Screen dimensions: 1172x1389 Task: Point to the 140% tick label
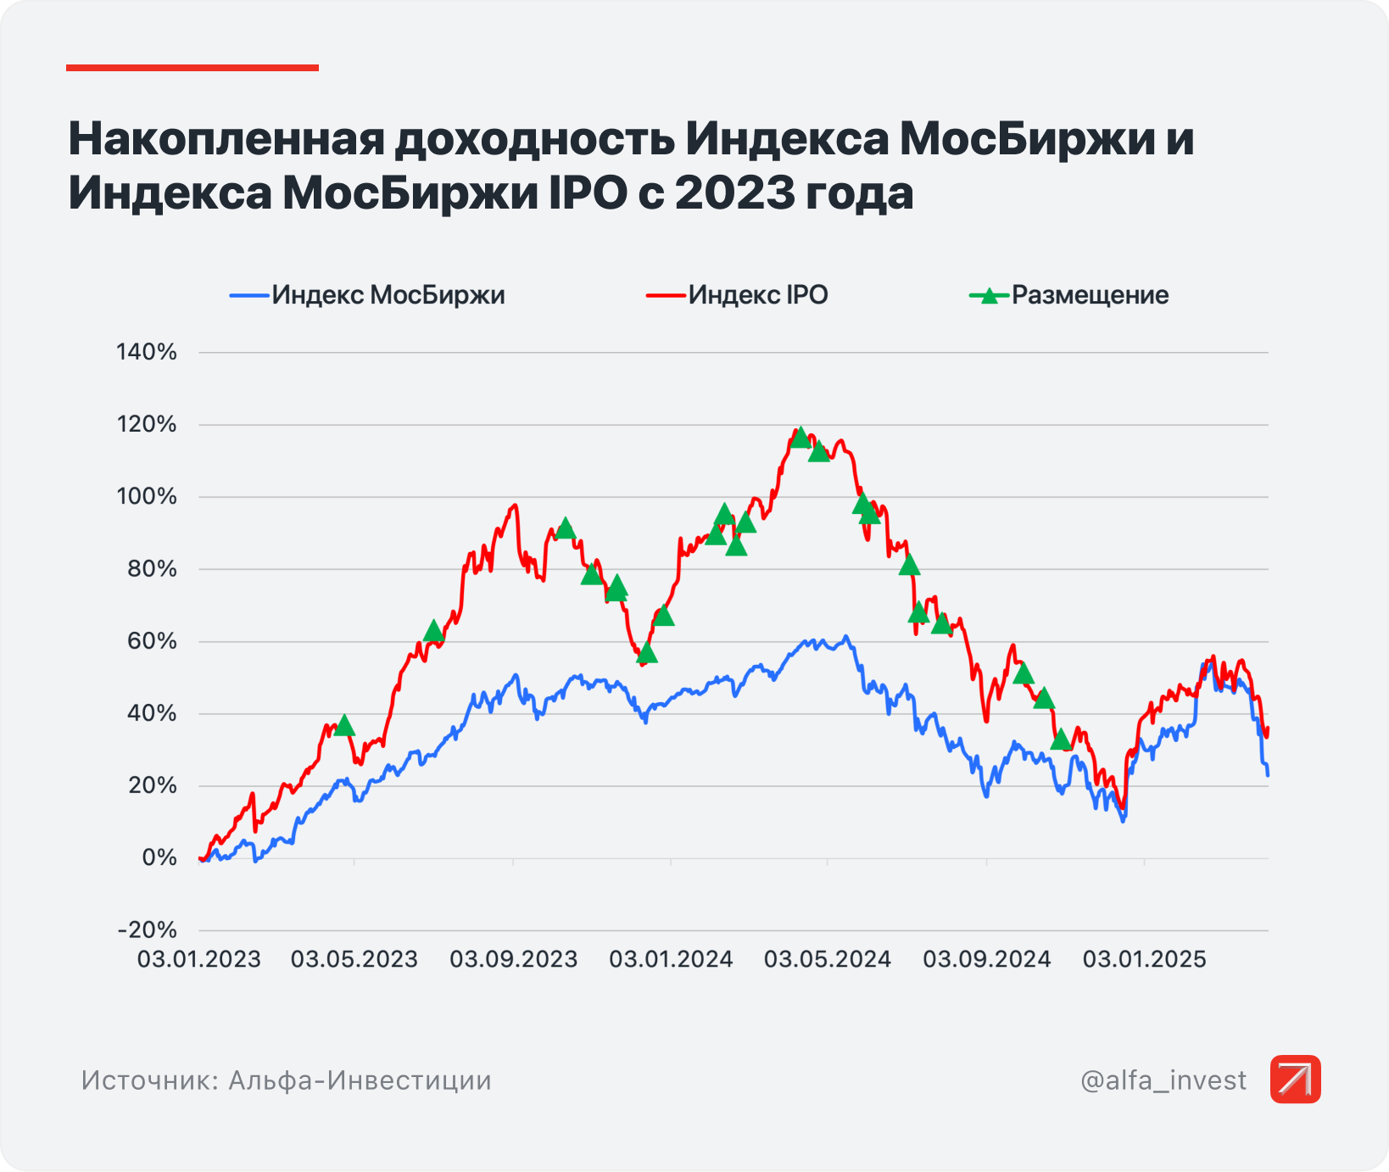147,352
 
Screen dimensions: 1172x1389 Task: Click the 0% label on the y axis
159,857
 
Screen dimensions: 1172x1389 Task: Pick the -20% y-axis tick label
148,930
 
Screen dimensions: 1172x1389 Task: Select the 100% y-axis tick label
147,496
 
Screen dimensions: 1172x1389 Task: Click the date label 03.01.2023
199,959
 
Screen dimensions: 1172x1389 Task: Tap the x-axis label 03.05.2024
828,959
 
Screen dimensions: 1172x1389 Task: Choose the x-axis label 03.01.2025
1144,959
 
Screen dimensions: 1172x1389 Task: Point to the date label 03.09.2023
513,959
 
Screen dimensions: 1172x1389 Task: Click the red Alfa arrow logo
1295,1080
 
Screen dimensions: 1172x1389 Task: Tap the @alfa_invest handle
1163,1080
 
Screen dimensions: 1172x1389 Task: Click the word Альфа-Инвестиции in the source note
360,1080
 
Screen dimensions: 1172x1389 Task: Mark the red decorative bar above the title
192,68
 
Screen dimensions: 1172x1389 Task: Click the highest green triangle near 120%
800,438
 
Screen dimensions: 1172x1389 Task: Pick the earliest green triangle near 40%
344,725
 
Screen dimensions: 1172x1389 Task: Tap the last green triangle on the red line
1061,740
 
